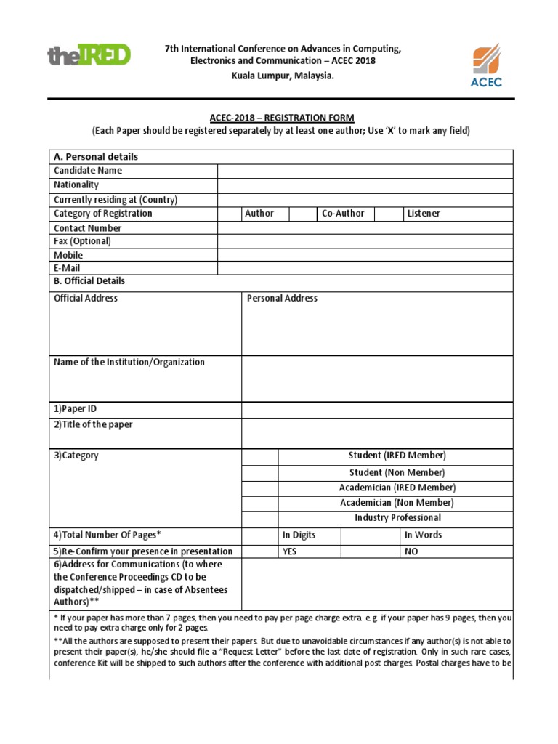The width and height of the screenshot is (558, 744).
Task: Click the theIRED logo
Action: (89, 55)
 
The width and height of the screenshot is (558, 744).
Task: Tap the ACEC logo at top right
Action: (485, 65)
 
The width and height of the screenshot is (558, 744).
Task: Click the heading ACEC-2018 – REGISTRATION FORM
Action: (281, 118)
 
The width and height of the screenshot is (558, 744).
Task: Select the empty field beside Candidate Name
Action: (365, 171)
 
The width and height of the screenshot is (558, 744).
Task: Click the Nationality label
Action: (76, 185)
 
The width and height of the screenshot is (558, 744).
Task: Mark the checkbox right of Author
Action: (303, 214)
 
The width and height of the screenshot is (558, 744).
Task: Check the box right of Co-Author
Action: (388, 214)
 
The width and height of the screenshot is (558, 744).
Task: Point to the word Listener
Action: (424, 214)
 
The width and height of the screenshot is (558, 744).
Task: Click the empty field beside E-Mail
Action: (365, 268)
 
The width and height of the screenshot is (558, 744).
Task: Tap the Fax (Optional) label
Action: (82, 241)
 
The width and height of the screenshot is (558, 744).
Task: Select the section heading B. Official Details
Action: (89, 281)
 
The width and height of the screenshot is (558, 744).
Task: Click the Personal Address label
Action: (282, 299)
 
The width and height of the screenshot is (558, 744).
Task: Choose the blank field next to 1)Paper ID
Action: (377, 410)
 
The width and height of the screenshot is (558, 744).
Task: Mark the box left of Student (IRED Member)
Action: (259, 456)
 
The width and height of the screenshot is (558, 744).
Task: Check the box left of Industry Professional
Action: (259, 518)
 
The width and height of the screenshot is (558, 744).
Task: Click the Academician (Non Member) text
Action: (397, 503)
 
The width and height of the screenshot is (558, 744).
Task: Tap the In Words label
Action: (423, 535)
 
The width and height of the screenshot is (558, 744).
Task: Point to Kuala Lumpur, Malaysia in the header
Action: (283, 76)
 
